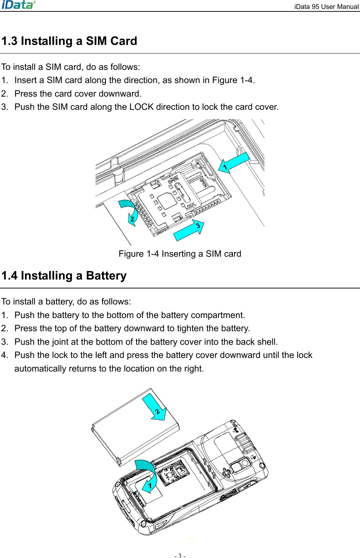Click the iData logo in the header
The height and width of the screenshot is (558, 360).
(x=19, y=5)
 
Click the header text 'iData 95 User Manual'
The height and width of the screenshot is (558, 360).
(x=326, y=7)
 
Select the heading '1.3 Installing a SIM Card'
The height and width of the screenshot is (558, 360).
(x=69, y=41)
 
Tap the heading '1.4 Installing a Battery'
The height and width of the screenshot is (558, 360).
(x=64, y=276)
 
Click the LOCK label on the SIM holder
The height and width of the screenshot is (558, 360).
(x=190, y=205)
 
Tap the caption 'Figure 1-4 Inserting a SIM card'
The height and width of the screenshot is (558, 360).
(x=180, y=254)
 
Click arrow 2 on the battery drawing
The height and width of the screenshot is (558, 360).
(x=155, y=408)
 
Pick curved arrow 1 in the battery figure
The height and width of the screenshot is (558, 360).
(x=148, y=475)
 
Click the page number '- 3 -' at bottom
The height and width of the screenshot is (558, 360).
(x=180, y=555)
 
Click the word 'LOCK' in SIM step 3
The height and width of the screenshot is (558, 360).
(x=142, y=107)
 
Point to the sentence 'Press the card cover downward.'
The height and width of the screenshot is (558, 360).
(x=78, y=94)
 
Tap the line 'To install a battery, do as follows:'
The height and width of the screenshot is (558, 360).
(x=66, y=302)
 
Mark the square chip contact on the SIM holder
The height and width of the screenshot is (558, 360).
(x=167, y=201)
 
